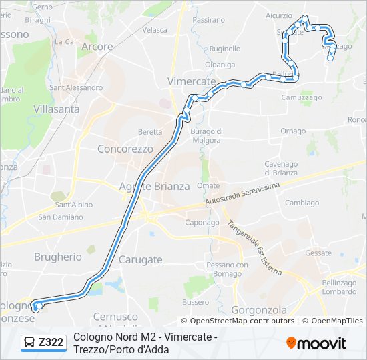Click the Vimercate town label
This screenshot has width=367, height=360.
point(192,81)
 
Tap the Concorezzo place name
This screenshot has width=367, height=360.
point(125,149)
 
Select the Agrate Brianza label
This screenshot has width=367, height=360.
point(154,186)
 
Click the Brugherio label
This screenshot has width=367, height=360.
point(57,257)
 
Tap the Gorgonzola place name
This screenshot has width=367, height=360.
point(259,310)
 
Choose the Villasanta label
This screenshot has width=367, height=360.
point(57,109)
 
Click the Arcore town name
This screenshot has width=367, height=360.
point(97,47)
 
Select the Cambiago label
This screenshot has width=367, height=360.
point(302,203)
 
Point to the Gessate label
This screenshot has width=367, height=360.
point(318,253)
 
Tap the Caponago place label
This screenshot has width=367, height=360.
point(202,223)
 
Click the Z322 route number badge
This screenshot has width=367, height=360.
point(51,343)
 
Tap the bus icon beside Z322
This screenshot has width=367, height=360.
point(30,343)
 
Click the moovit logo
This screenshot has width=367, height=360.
point(316,343)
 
